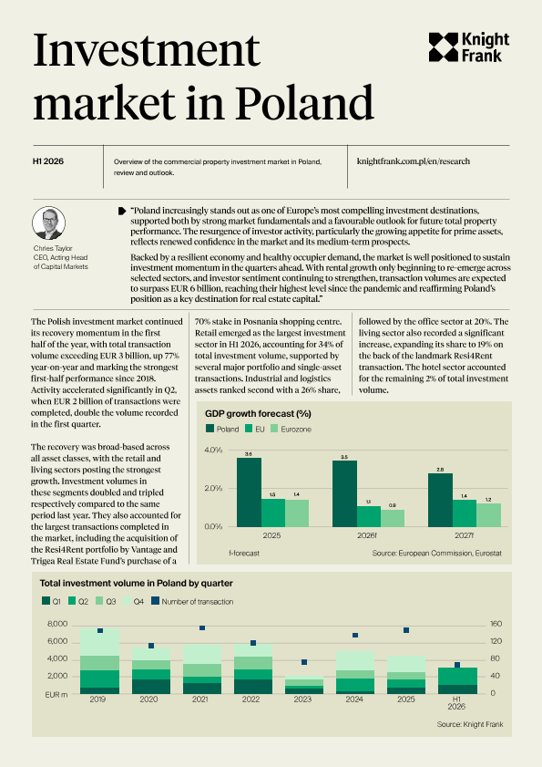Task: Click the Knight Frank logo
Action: coord(469,47)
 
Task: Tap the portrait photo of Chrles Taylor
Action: coord(49,223)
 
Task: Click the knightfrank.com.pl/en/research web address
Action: coord(414,161)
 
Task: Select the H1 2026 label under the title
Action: coord(48,161)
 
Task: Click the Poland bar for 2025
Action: coord(249,492)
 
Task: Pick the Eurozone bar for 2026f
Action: coord(393,518)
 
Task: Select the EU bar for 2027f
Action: coord(465,513)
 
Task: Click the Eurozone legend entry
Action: coord(291,429)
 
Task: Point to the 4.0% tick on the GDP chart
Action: coord(213,450)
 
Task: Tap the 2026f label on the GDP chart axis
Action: coord(366,535)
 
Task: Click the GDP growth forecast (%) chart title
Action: coord(258,413)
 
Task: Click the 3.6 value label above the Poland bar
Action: coord(249,454)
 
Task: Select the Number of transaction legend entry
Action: coord(192,601)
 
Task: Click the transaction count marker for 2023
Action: coord(304,662)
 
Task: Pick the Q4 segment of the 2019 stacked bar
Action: coord(99,642)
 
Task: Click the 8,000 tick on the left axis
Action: coord(57,624)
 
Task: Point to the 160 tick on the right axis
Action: coord(496,624)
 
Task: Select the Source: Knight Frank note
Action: coord(470,724)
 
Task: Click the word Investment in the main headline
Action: coord(146,50)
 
